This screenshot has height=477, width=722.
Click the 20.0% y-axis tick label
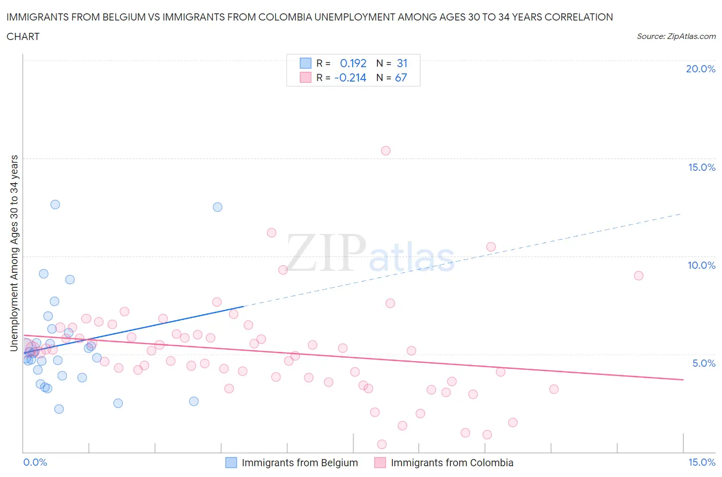(700, 69)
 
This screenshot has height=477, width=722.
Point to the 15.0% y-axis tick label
(701, 167)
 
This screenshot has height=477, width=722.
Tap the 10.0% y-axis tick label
(701, 265)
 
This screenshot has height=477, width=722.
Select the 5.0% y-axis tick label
(704, 363)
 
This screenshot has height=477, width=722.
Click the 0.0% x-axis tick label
(35, 462)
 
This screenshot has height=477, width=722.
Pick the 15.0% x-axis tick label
(701, 462)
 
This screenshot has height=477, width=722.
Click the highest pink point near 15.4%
(386, 151)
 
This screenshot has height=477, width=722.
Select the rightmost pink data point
(639, 275)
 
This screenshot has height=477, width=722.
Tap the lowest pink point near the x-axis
(382, 444)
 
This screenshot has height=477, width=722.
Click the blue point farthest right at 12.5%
(218, 207)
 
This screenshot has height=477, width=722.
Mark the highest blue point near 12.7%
(55, 205)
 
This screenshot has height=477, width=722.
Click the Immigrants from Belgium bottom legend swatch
(231, 463)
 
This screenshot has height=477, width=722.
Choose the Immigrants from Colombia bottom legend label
(452, 463)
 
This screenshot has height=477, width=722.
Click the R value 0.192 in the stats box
(353, 63)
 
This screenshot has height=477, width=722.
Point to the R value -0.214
(350, 77)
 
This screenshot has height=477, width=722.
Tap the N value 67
(401, 77)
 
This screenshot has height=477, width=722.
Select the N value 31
(402, 63)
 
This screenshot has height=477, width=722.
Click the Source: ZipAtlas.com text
(676, 36)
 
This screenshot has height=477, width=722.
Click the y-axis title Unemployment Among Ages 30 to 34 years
(14, 253)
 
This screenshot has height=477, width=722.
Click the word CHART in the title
(23, 36)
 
